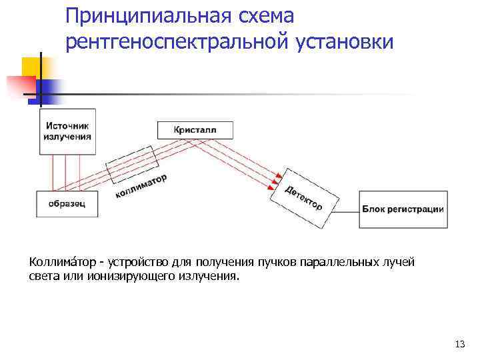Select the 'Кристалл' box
[x=195, y=129]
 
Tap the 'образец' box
[x=67, y=203]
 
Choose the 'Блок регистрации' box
[x=403, y=209]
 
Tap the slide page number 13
[x=459, y=344]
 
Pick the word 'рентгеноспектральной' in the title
[x=176, y=41]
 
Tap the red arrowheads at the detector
[x=276, y=178]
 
